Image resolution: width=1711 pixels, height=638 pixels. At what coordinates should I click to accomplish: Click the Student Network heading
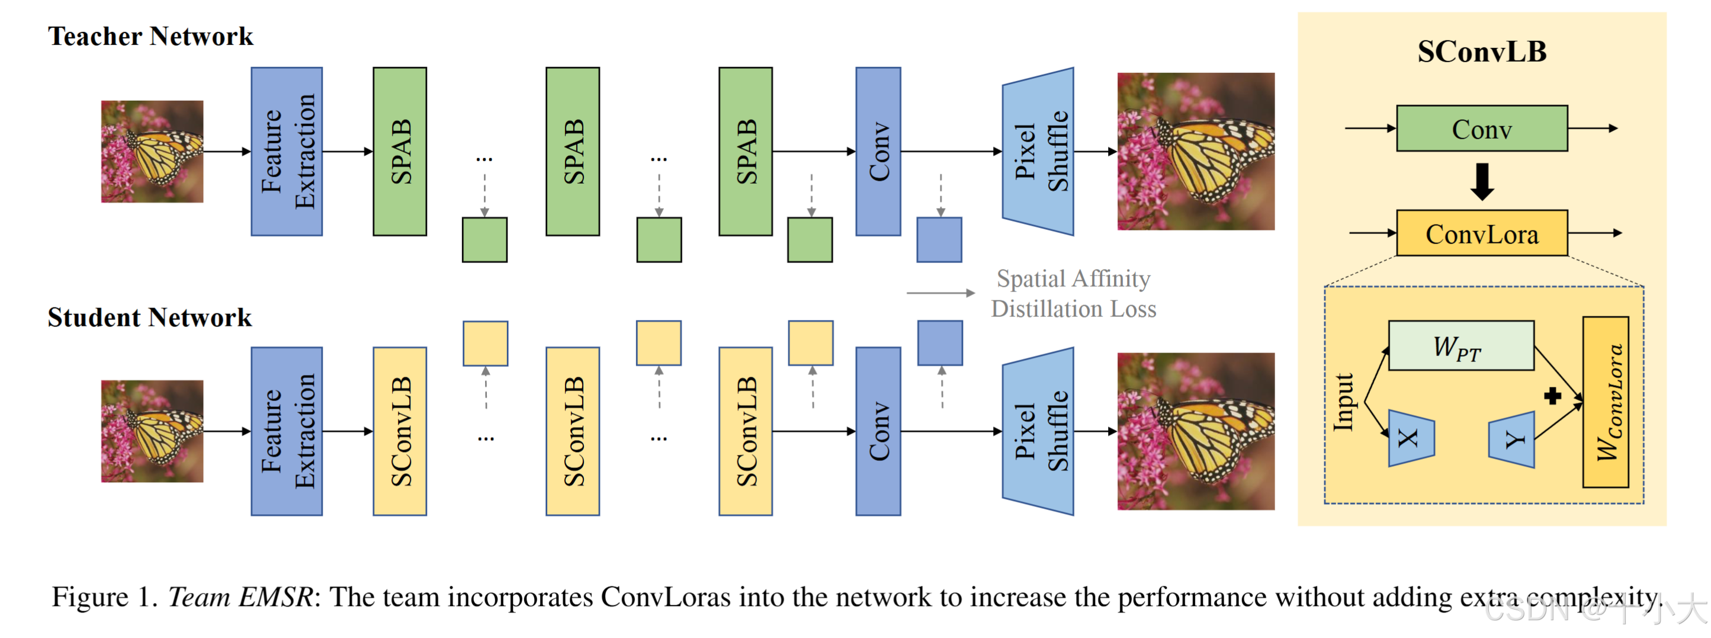[149, 317]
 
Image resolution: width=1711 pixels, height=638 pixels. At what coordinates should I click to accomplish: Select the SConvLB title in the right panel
[1482, 52]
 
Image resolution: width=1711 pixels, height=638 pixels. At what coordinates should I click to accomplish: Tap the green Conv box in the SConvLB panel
[1482, 129]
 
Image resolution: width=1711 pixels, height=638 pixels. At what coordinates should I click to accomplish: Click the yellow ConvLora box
[1482, 233]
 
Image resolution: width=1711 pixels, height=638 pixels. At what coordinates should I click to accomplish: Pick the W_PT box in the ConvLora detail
[1460, 345]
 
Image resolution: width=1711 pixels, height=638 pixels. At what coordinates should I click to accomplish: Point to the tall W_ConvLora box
[1606, 402]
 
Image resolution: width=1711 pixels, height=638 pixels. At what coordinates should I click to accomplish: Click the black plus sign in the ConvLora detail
[1552, 396]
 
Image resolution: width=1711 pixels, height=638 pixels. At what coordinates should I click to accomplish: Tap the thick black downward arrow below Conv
[1482, 181]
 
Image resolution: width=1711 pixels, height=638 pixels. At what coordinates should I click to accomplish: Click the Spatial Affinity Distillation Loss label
[1073, 293]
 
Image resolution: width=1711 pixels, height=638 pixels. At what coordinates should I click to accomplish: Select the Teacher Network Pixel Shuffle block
[1038, 152]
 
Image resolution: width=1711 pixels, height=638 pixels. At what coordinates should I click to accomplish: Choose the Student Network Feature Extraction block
[287, 431]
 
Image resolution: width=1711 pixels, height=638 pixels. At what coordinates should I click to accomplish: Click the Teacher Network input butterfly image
[152, 152]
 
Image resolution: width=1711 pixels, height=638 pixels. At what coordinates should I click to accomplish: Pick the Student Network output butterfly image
[1196, 431]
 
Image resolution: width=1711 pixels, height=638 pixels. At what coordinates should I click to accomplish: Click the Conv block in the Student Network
[878, 431]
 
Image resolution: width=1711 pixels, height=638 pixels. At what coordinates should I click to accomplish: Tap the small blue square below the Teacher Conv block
[939, 239]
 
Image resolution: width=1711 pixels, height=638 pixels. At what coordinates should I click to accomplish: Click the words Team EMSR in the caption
[240, 597]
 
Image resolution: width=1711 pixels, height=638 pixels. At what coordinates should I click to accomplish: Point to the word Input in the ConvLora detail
[1343, 402]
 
